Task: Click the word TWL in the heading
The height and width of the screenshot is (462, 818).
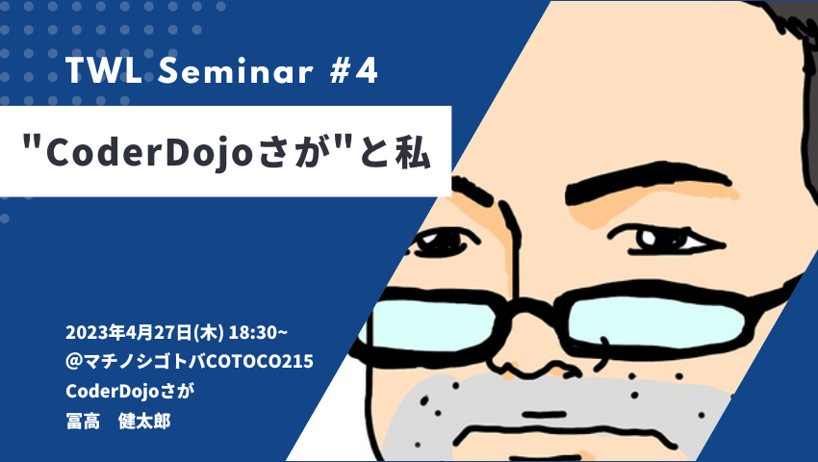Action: click(x=104, y=70)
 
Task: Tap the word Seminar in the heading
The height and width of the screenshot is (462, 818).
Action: click(x=235, y=70)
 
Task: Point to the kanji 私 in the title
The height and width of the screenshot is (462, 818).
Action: click(x=413, y=152)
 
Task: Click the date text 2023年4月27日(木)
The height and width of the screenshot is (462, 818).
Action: click(x=144, y=332)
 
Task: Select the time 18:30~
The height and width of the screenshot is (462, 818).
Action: click(x=258, y=332)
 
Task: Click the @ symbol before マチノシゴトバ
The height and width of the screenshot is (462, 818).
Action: click(x=73, y=361)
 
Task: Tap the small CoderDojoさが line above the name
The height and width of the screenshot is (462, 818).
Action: click(x=130, y=391)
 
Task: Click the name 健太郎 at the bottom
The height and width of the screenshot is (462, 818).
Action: click(x=144, y=421)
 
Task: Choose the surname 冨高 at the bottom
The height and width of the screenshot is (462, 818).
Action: click(x=83, y=421)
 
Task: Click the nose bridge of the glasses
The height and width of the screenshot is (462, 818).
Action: click(x=528, y=308)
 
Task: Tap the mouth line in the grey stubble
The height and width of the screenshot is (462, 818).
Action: click(x=544, y=415)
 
